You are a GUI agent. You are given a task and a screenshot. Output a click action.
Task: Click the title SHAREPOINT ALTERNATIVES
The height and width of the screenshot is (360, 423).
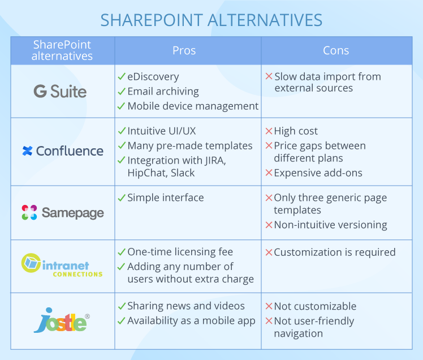coord(212,20)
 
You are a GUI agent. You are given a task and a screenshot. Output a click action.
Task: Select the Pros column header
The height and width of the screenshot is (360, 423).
coord(184,50)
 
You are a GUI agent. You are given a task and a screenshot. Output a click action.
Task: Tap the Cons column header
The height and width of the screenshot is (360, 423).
coord(336,50)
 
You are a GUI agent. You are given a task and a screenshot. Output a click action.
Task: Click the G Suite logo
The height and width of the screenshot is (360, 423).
coord(60,91)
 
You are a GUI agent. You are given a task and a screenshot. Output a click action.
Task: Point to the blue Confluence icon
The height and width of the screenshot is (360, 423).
coord(28,151)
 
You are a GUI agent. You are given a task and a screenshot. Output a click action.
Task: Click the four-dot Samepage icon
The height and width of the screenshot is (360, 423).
coord(29,212)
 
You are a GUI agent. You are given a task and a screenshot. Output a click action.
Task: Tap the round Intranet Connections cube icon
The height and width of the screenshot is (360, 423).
coord(31,263)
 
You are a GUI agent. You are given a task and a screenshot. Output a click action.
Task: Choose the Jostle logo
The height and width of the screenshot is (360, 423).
coord(62,320)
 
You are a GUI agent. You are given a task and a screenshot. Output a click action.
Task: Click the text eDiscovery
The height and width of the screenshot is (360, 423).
coord(153,77)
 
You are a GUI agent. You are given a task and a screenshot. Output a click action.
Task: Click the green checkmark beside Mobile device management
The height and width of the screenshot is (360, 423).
coord(122,106)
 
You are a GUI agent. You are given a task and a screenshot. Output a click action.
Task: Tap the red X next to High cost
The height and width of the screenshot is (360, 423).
coord(269,131)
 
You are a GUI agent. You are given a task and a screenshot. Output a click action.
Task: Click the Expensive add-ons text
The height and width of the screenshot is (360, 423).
coord(318,173)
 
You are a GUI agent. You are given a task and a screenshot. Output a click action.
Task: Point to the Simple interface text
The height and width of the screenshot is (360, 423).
coord(165,198)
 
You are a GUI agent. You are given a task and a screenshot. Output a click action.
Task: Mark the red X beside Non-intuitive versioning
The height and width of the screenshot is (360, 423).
coord(269,225)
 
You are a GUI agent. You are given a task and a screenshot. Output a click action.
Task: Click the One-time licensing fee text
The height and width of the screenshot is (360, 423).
coord(180,252)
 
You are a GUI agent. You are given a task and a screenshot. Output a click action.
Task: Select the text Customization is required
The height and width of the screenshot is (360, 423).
coord(335,252)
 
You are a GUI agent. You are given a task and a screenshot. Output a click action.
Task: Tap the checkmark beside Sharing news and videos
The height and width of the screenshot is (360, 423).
coord(122,306)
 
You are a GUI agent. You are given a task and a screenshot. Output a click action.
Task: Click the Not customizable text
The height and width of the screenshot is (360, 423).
coord(315,306)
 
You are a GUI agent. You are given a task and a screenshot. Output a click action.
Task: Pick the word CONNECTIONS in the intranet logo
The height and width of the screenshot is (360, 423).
coord(77,275)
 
